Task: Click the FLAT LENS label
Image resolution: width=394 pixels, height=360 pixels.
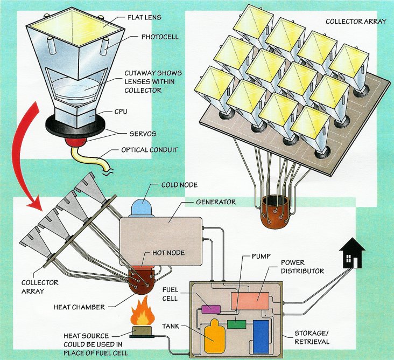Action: tap(144, 17)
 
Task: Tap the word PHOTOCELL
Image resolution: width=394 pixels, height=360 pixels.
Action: tap(160, 37)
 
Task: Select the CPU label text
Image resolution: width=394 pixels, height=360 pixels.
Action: tap(121, 112)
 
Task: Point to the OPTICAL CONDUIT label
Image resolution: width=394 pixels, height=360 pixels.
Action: tap(150, 150)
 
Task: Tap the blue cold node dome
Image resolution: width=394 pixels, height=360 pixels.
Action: tap(142, 208)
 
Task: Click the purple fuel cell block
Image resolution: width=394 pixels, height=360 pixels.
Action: tap(211, 309)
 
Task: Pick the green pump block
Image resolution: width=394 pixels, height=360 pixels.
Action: tap(236, 324)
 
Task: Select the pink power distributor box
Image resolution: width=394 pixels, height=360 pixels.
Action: tap(250, 301)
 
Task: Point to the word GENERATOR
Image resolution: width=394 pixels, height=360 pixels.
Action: tap(216, 202)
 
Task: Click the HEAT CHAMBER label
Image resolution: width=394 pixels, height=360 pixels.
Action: tap(79, 307)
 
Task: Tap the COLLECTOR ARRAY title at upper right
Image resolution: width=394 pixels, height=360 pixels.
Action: tap(356, 22)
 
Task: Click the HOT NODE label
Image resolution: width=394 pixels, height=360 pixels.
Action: tap(168, 253)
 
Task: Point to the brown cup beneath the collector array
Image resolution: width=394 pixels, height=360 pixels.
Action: tap(275, 212)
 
